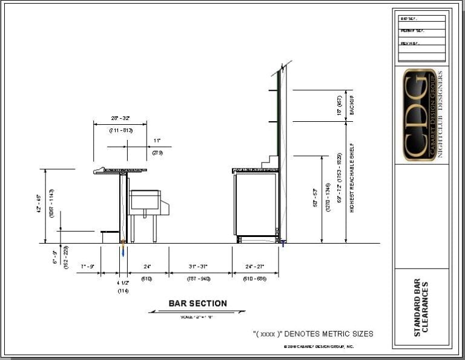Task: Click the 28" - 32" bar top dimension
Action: (120, 118)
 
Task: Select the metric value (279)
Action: (157, 153)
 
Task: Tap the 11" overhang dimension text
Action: (156, 140)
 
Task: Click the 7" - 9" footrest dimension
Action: (87, 267)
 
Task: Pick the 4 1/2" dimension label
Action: (122, 282)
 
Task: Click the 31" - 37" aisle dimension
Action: (200, 267)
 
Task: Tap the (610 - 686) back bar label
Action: (255, 279)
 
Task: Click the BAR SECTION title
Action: (197, 304)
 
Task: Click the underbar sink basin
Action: (145, 200)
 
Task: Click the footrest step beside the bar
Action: (110, 233)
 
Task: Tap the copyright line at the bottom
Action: (318, 347)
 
